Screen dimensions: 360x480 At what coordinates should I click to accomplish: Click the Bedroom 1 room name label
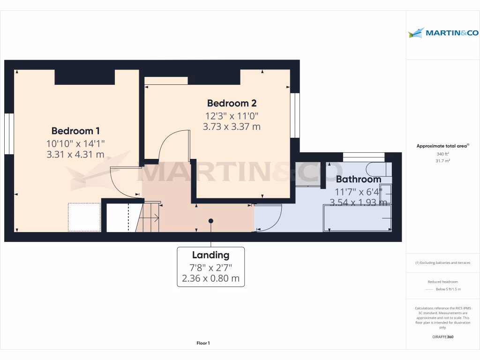coord(75,131)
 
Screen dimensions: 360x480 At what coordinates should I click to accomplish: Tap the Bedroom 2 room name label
coord(232,103)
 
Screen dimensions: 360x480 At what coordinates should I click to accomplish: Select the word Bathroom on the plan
coord(359,179)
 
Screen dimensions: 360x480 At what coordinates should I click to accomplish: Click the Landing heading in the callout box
coord(210,255)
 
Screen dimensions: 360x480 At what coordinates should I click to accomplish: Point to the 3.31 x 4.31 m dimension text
coord(75,154)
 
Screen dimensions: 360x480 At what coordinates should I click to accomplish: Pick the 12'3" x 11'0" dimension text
coord(232,115)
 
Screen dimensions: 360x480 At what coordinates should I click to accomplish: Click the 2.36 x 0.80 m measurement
coord(210,278)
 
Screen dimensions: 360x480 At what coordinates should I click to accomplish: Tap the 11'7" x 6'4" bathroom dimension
coord(359,191)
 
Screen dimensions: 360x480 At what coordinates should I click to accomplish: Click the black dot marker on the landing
coord(211,221)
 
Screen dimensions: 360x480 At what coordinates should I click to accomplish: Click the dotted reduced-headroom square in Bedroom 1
coord(84,217)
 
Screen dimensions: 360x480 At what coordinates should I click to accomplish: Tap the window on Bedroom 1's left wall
coord(9,134)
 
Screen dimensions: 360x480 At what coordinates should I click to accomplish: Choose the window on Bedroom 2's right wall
coord(294,115)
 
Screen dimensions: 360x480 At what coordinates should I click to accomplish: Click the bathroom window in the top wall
coord(364,157)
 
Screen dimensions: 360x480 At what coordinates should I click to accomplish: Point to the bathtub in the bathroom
coord(358,218)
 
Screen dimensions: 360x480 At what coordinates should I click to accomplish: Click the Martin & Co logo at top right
coord(443,33)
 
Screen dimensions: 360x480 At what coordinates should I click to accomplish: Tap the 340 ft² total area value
coord(443,154)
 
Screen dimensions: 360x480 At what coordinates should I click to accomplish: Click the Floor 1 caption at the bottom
coord(203,344)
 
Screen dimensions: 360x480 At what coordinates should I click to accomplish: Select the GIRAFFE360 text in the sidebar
coord(443,337)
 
